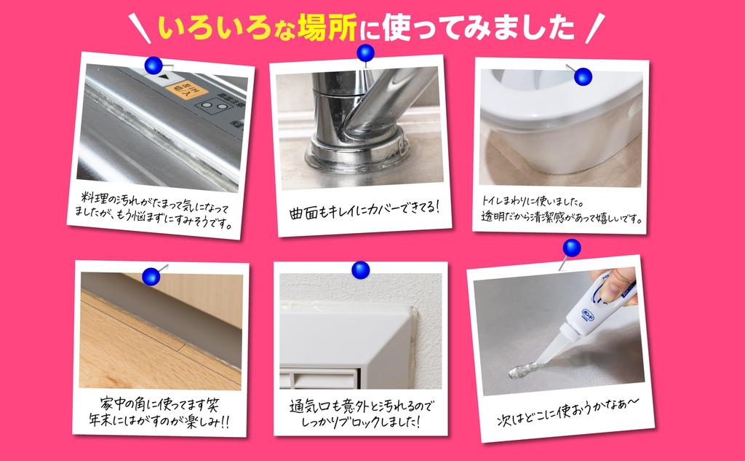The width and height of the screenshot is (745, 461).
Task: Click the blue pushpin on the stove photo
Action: (x=154, y=66)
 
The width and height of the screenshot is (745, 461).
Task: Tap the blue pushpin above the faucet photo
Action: (x=365, y=52)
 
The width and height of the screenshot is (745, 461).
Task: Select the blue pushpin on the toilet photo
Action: (x=583, y=76)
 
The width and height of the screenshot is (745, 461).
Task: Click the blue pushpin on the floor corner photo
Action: (x=151, y=275)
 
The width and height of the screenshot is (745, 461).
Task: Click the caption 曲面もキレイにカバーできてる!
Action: (x=364, y=208)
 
